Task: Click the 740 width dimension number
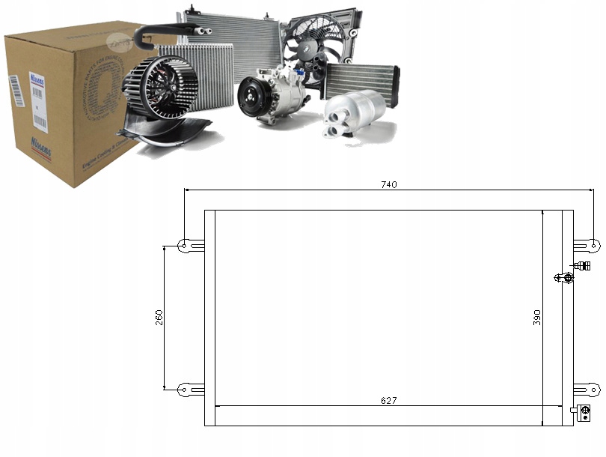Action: click(388, 184)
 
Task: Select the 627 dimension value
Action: click(388, 400)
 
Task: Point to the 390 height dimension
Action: click(536, 317)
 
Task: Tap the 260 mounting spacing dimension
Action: click(159, 317)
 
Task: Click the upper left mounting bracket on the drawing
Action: click(189, 244)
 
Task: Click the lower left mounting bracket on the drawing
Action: click(189, 389)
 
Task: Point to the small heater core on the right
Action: click(361, 79)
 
